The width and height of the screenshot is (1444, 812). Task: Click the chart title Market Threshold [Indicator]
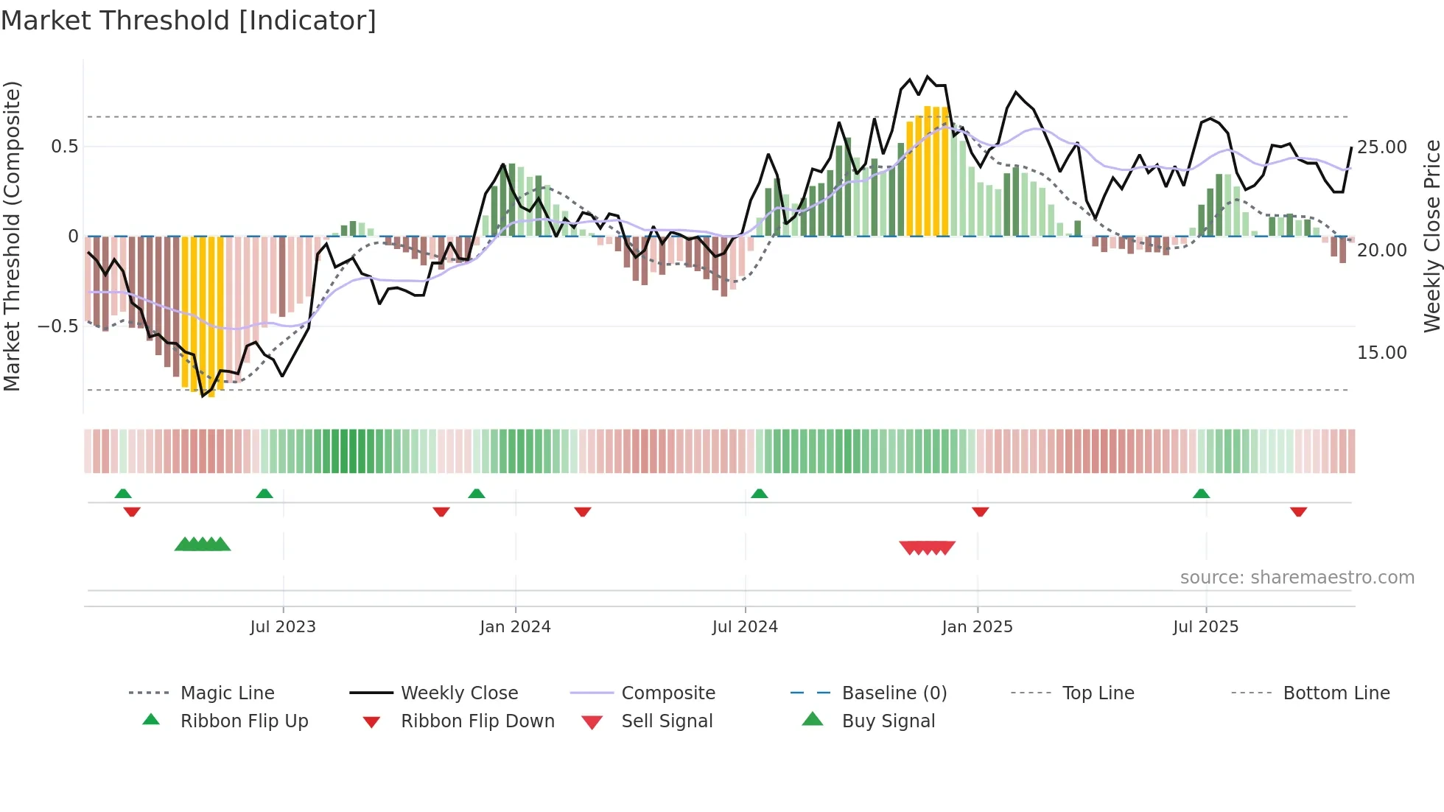(189, 21)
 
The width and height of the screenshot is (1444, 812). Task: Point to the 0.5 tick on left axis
(64, 147)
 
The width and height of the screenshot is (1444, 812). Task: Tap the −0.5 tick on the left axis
(57, 326)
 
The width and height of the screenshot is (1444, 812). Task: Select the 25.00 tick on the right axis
(1382, 147)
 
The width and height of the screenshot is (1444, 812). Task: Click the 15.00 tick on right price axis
(1382, 353)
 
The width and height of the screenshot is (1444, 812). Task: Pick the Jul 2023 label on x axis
(283, 627)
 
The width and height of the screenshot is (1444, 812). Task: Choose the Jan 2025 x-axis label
(977, 627)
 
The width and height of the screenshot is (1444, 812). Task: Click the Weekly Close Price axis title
(1431, 236)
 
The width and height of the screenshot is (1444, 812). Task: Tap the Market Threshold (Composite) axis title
(12, 236)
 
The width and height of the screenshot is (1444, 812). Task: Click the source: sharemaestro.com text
(1297, 578)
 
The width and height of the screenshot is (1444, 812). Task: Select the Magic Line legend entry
(227, 693)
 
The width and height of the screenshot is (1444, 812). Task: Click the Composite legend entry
(667, 693)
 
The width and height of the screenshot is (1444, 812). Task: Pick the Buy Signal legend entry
(888, 721)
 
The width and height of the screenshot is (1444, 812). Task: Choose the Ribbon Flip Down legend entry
(477, 721)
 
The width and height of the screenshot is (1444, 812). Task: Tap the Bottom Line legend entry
(1336, 693)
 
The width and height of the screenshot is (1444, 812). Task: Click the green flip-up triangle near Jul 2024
(760, 494)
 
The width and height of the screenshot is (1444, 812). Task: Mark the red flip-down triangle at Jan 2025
(980, 511)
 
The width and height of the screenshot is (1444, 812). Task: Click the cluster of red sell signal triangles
(927, 547)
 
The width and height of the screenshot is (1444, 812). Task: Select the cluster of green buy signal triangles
(203, 545)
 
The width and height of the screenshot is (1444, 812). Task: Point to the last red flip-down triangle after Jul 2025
(1298, 511)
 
